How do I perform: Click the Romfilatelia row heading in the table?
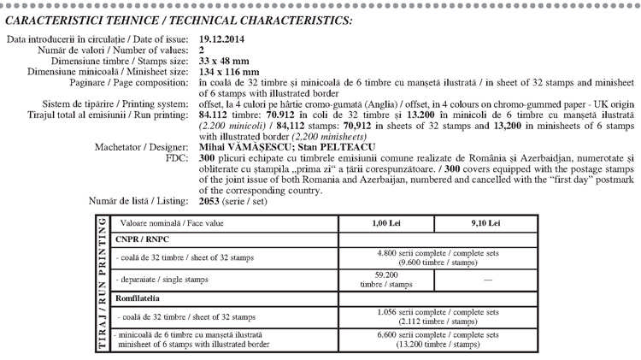point(146,298)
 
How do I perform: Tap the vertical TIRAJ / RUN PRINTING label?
point(103,284)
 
